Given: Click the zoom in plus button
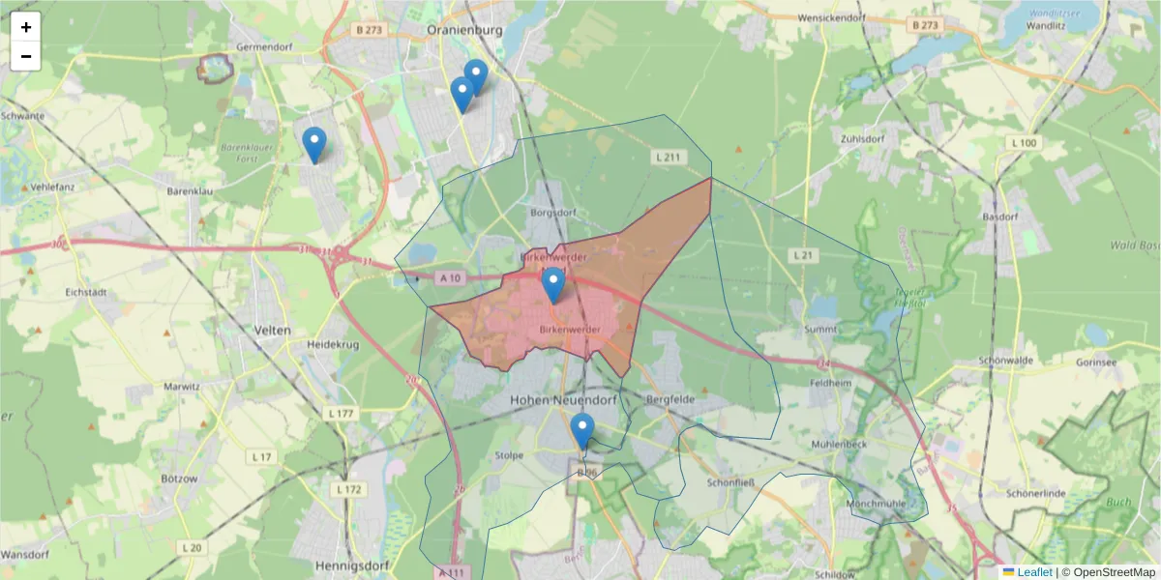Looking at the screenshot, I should point(26,27).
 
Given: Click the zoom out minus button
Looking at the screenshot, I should point(26,56).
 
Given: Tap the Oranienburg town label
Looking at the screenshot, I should point(465,30).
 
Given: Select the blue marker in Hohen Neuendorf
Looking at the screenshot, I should point(581,429).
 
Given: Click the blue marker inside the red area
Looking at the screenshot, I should point(552,284).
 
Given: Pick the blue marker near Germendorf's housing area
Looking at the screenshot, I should point(313,144).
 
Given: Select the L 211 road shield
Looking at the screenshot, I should point(669,157).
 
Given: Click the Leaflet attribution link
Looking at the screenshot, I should point(1033,572).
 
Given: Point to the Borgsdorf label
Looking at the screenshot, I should point(552,212).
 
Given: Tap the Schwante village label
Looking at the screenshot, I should point(23,116).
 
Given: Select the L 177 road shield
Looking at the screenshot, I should point(342,414).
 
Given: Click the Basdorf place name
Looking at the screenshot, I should point(1001,217).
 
